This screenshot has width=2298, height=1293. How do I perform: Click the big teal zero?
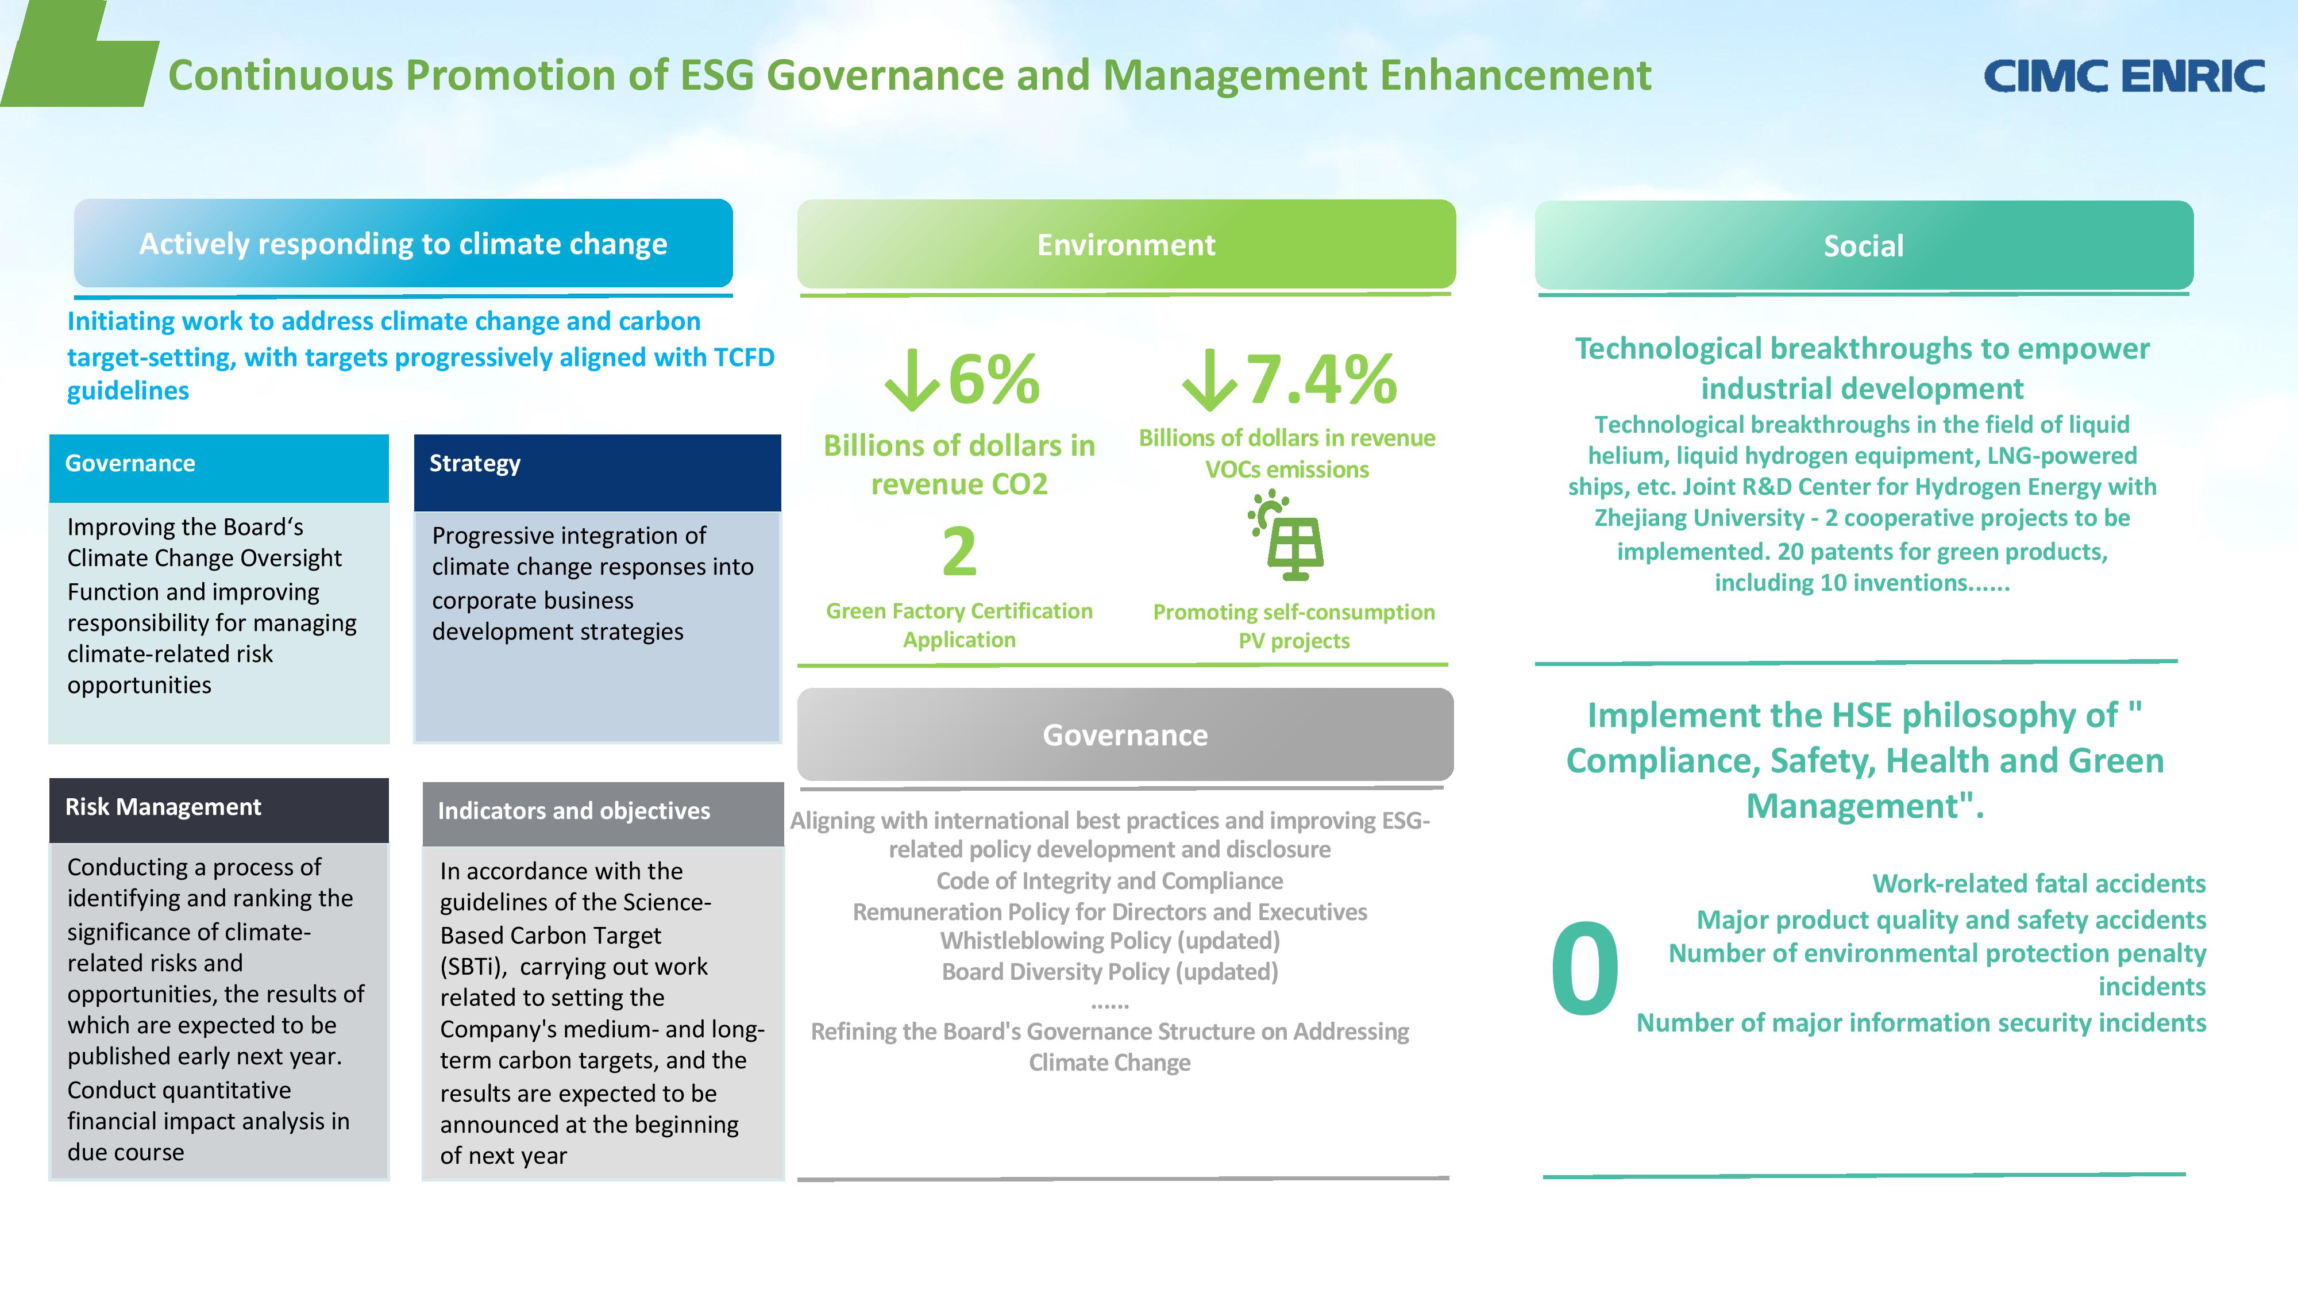tap(1584, 970)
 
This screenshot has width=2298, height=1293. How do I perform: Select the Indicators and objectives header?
tap(602, 812)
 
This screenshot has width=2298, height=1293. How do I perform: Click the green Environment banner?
tap(1126, 244)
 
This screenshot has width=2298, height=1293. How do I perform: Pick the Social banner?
tap(1864, 245)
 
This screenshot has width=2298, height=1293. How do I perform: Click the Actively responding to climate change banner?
tap(403, 244)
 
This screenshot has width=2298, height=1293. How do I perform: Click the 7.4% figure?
tap(1320, 380)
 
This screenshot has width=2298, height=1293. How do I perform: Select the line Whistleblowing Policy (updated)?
tap(1110, 941)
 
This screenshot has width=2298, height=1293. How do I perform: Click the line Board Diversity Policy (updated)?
tap(1110, 972)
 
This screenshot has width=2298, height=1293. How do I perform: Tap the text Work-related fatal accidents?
tap(2038, 883)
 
